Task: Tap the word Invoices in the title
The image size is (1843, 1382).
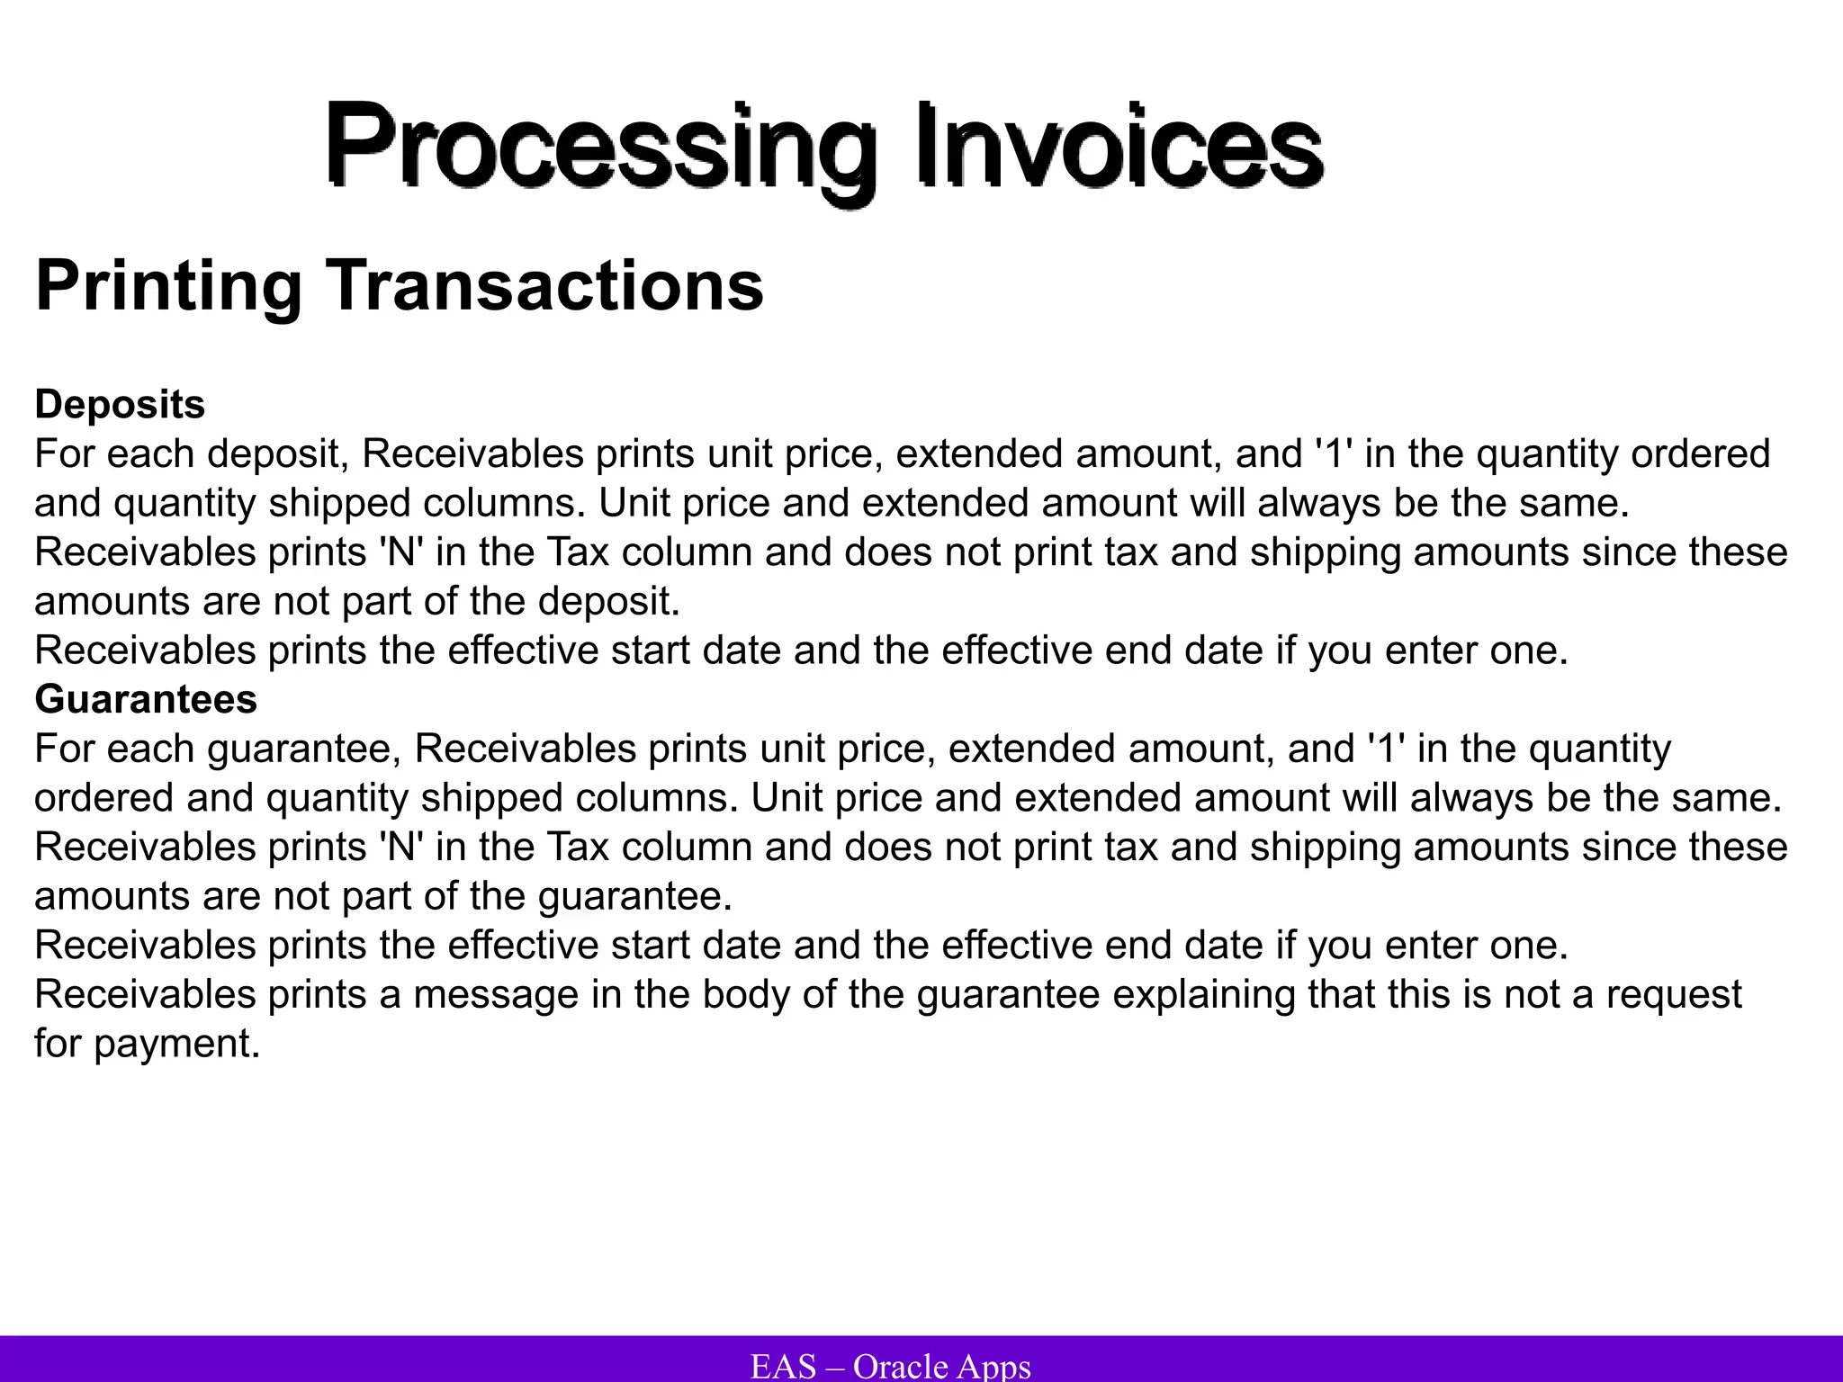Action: coord(1119,144)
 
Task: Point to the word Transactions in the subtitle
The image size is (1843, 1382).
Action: coord(544,286)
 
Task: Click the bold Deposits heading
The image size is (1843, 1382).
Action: coord(120,405)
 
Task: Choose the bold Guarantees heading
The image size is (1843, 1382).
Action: coord(146,699)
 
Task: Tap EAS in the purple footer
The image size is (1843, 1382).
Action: coord(783,1366)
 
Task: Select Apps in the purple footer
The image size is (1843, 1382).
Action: coord(993,1366)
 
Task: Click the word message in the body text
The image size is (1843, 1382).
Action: coord(495,994)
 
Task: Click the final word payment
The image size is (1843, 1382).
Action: coord(176,1045)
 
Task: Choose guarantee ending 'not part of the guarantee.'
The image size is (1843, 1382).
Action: coord(634,897)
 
